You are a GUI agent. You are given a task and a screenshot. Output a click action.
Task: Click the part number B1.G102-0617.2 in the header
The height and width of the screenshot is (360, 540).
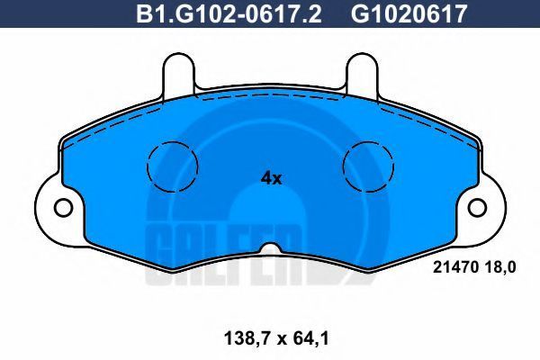pos(229,13)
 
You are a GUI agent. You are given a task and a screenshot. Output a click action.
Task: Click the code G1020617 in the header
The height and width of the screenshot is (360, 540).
pos(409,13)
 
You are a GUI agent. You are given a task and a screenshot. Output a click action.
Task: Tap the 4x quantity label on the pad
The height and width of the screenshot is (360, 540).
pos(272,178)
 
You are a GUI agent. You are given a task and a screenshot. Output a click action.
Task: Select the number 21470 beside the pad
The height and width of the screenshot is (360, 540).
pos(455,267)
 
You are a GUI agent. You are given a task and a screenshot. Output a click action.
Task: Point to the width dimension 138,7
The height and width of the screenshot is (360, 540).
pos(244,338)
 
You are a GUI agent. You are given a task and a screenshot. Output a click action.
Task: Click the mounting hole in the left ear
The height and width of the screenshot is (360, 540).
pos(63,208)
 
